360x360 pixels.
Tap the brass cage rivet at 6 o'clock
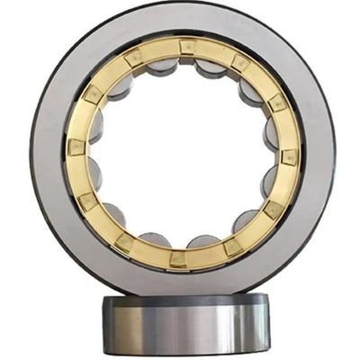point(179,258)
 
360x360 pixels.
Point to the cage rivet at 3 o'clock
point(290,156)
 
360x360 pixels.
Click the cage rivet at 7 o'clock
point(125,241)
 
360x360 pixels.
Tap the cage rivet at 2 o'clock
point(277,103)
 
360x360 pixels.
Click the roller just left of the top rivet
point(161,66)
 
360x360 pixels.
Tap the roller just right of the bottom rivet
point(205,241)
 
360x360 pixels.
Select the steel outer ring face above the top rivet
point(185,22)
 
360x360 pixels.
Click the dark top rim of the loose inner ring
point(184,300)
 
